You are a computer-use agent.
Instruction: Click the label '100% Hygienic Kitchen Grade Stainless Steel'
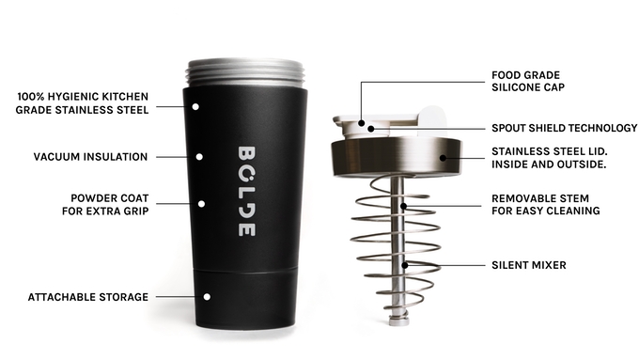coord(84,102)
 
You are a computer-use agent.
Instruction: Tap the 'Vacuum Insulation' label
coord(90,156)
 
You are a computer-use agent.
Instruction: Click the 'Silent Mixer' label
coord(529,265)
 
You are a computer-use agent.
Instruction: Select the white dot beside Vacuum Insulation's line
coord(198,156)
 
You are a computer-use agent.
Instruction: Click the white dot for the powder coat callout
coord(200,203)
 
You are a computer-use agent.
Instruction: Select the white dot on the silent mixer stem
coord(405,265)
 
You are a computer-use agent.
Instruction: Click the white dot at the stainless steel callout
coord(195,106)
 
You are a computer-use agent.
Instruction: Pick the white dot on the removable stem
coord(404,205)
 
